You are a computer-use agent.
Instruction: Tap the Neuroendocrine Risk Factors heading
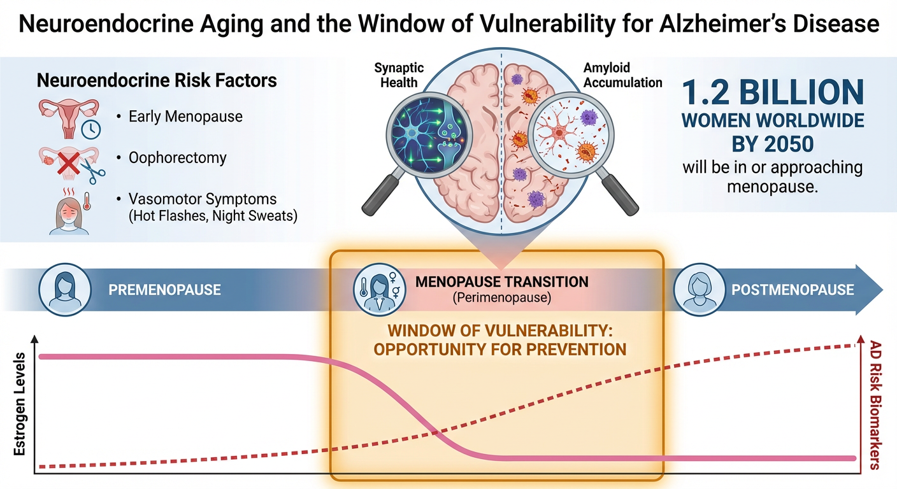click(157, 81)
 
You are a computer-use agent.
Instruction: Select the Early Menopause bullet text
click(185, 117)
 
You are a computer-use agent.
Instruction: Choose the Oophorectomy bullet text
click(177, 157)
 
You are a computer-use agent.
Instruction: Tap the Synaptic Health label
click(399, 75)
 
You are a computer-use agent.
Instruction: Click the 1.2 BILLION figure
click(773, 93)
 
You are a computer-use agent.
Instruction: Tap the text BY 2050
click(772, 143)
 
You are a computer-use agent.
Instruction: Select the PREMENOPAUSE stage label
click(164, 290)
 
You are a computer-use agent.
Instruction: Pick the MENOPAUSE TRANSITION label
click(501, 281)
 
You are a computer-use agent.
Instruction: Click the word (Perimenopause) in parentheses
click(501, 297)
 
